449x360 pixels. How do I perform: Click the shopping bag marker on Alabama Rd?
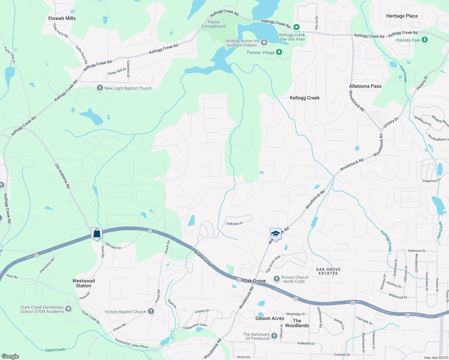(x=97, y=233)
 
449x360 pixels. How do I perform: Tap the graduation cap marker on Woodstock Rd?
(x=275, y=234)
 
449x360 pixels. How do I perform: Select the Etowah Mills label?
(x=62, y=18)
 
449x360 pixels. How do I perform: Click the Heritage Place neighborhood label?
(x=402, y=16)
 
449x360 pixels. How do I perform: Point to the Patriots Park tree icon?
(x=424, y=40)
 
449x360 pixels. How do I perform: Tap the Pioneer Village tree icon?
(x=279, y=52)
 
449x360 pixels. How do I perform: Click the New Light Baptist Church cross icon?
(x=100, y=88)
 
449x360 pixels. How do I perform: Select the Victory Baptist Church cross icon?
(x=151, y=311)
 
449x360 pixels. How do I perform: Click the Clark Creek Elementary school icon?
(x=68, y=309)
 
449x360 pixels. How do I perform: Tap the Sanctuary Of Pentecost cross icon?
(x=274, y=336)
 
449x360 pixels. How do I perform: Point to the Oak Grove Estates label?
(x=328, y=271)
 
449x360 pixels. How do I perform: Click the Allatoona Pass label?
(x=365, y=86)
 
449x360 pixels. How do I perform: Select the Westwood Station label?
(x=83, y=283)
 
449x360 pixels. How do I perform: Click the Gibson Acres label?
(x=270, y=318)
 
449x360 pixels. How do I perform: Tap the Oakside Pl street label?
(x=234, y=223)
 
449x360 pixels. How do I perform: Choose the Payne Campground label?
(x=214, y=24)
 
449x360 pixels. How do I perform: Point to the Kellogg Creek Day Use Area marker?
(x=297, y=27)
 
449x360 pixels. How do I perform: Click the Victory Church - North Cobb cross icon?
(x=276, y=279)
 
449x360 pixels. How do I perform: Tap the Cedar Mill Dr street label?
(x=117, y=71)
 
